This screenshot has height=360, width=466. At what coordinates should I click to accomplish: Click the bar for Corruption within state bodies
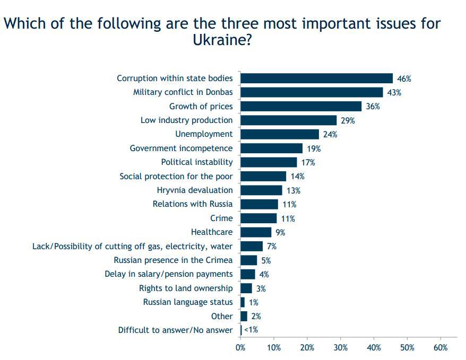[x=316, y=78]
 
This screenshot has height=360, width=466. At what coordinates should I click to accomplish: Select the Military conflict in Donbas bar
[x=312, y=92]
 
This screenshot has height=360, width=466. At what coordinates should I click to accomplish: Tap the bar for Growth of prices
[x=301, y=106]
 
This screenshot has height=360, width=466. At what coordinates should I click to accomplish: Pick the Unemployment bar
[x=280, y=134]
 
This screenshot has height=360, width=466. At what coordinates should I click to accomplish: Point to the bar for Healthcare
[x=256, y=232]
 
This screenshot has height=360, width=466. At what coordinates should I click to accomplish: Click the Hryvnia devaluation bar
[x=261, y=190]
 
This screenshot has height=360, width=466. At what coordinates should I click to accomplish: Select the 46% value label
[x=404, y=78]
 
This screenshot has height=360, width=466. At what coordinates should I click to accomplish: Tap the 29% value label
[x=348, y=120]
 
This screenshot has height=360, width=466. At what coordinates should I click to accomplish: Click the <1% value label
[x=251, y=330]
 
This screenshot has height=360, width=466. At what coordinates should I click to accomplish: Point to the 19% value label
[x=314, y=148]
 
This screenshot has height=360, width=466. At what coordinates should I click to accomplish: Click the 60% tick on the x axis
[x=441, y=348]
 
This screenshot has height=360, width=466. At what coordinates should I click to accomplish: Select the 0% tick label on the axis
[x=240, y=348]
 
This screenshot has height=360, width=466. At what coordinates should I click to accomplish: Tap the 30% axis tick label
[x=340, y=348]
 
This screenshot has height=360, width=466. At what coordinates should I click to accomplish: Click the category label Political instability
[x=197, y=162]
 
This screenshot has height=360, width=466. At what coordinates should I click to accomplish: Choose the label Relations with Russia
[x=193, y=204]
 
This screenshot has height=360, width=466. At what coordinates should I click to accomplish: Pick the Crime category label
[x=221, y=218]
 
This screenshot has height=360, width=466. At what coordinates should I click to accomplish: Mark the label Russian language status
[x=188, y=302]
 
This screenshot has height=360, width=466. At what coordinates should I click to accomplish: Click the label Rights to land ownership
[x=186, y=288]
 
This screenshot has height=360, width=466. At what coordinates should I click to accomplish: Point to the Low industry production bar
[x=289, y=120]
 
